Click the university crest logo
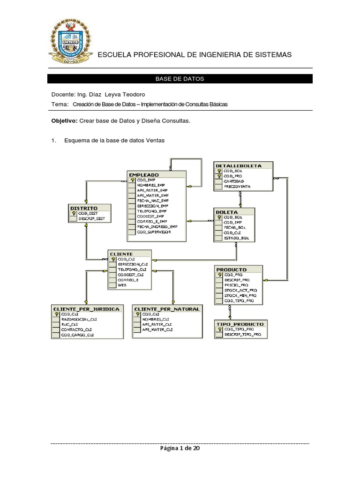71,45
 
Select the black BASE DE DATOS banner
180,79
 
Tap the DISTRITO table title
83,208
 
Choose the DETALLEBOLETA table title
238,165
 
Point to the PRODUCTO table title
232,270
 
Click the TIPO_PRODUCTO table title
240,324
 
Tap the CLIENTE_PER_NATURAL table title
167,308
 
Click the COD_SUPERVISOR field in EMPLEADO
154,232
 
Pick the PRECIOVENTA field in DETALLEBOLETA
237,186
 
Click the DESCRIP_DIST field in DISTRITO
91,218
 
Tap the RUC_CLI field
69,324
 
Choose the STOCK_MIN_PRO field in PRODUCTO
240,296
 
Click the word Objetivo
64,121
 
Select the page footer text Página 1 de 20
180,449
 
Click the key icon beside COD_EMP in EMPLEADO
133,180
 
